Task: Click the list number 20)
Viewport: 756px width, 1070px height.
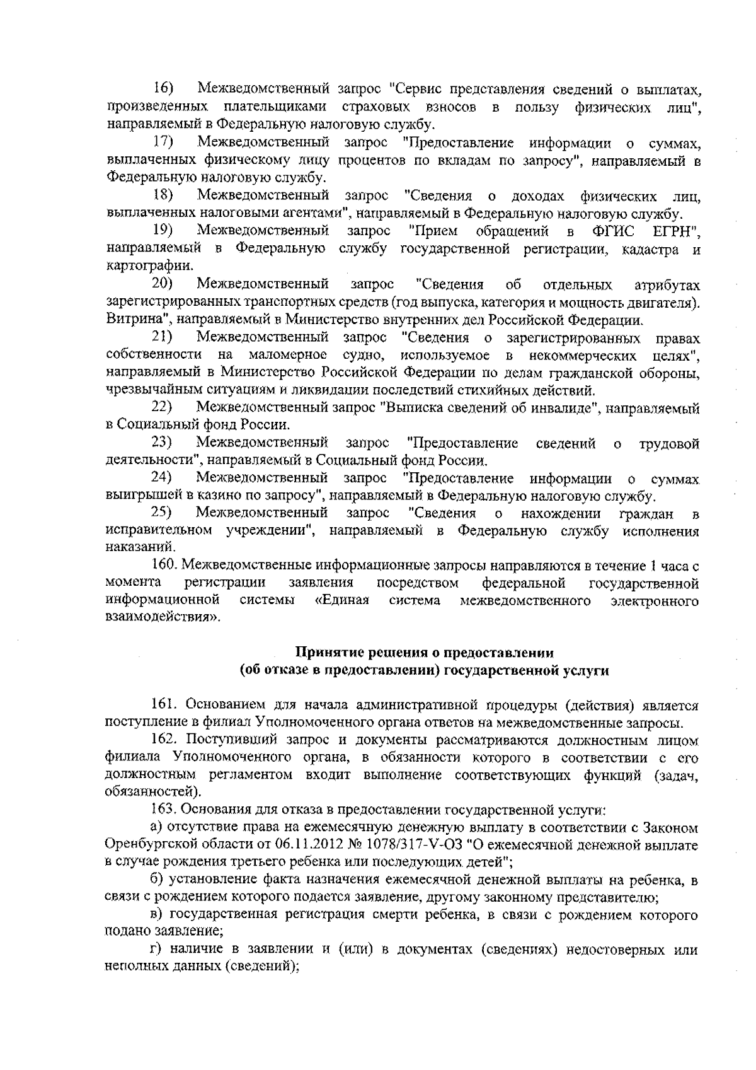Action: click(x=166, y=284)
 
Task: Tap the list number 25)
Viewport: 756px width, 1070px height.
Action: click(x=166, y=515)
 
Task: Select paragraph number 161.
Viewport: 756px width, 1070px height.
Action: click(x=166, y=706)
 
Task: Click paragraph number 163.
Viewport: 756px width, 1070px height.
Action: click(x=166, y=810)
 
